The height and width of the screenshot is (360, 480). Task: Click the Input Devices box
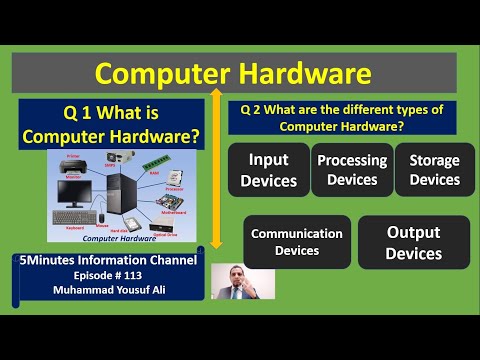coord(269,171)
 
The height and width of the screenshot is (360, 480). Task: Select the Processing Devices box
coord(352,170)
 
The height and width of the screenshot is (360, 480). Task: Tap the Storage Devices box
coord(434,170)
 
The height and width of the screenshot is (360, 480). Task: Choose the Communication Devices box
coord(297,242)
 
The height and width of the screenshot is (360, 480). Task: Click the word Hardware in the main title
coord(303,74)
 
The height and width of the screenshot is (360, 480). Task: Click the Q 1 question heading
coord(118,125)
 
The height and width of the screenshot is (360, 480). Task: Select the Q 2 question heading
coord(349,117)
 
